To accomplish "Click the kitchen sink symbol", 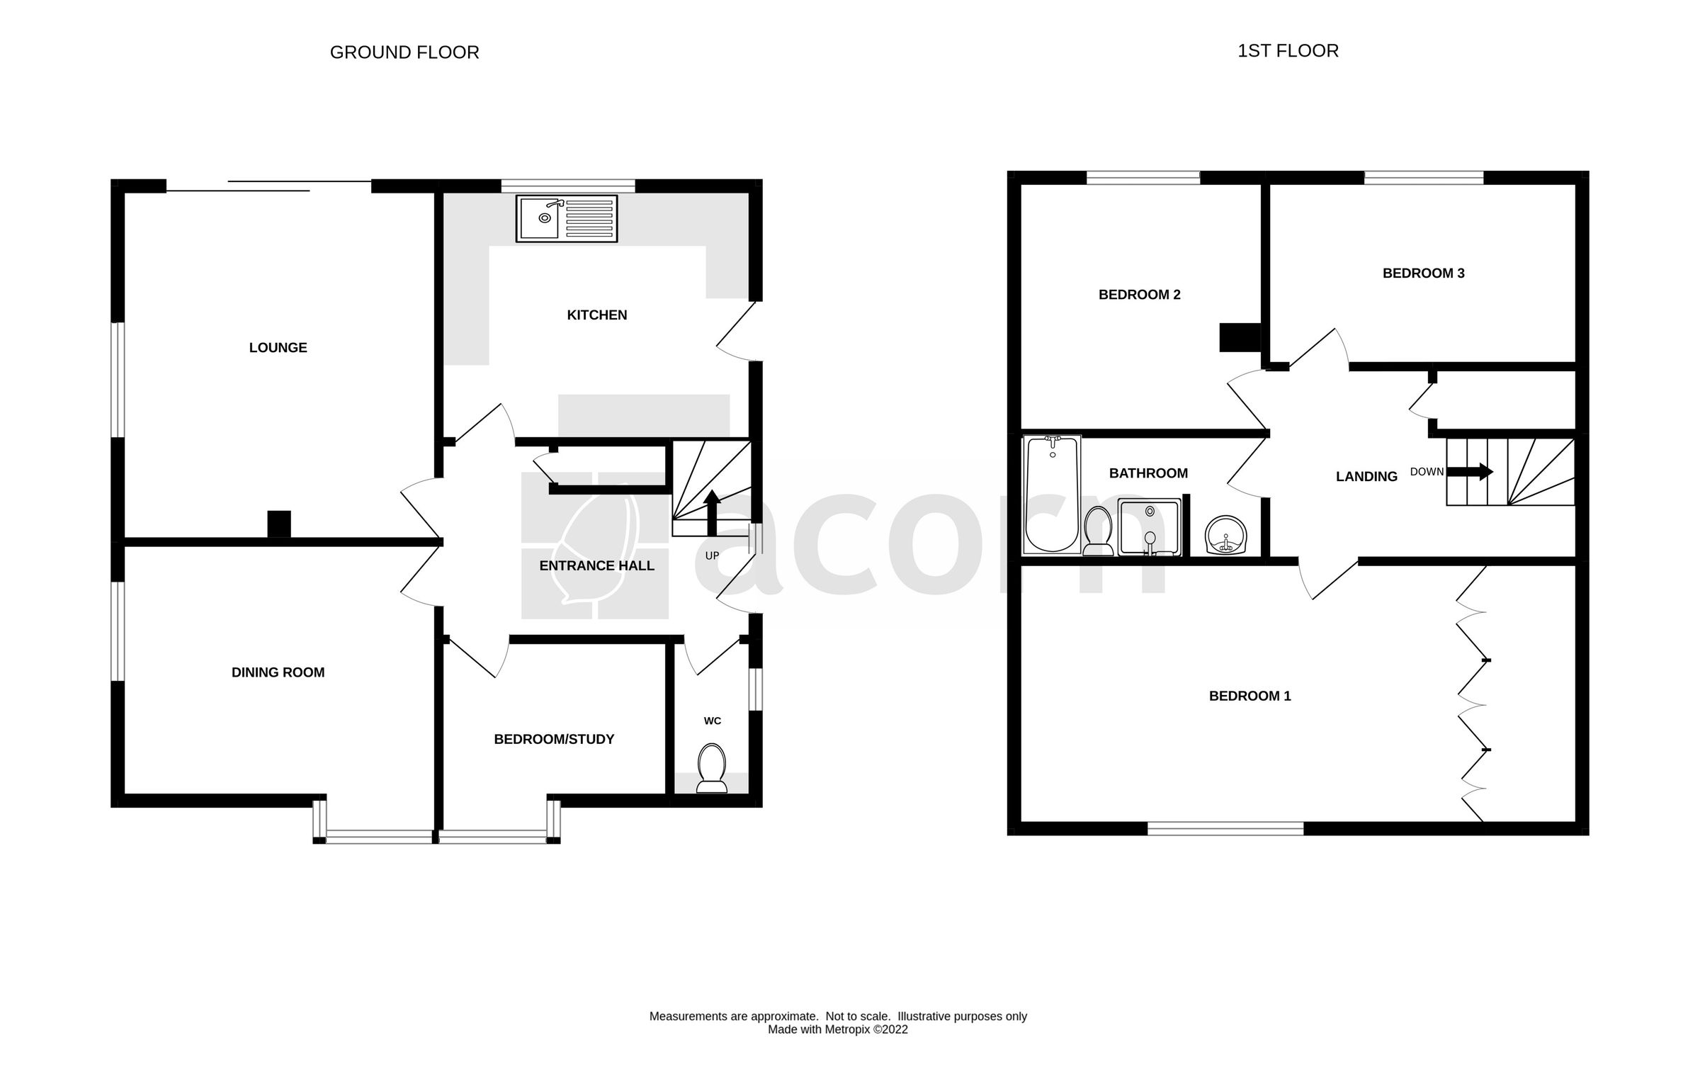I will (x=566, y=219).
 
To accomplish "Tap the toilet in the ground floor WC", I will (x=712, y=767).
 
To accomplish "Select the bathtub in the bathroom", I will (x=1052, y=494).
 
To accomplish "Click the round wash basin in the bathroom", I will (x=1226, y=534).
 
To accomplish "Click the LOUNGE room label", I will (x=278, y=348).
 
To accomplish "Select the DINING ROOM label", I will (x=278, y=672).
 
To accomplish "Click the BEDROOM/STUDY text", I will (x=554, y=739).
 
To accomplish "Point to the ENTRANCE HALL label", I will (x=596, y=565).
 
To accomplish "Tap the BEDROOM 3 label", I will (x=1423, y=273).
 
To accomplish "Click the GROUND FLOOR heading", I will (x=404, y=52).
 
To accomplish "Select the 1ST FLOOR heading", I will (x=1287, y=51).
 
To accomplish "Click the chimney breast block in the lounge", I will (x=279, y=524).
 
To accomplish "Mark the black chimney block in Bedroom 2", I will (x=1239, y=337).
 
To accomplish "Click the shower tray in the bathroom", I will (x=1150, y=527).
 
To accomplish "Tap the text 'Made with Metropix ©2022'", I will (x=837, y=1029).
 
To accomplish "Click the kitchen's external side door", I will (x=737, y=332).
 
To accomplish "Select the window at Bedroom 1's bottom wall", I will (x=1225, y=828).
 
